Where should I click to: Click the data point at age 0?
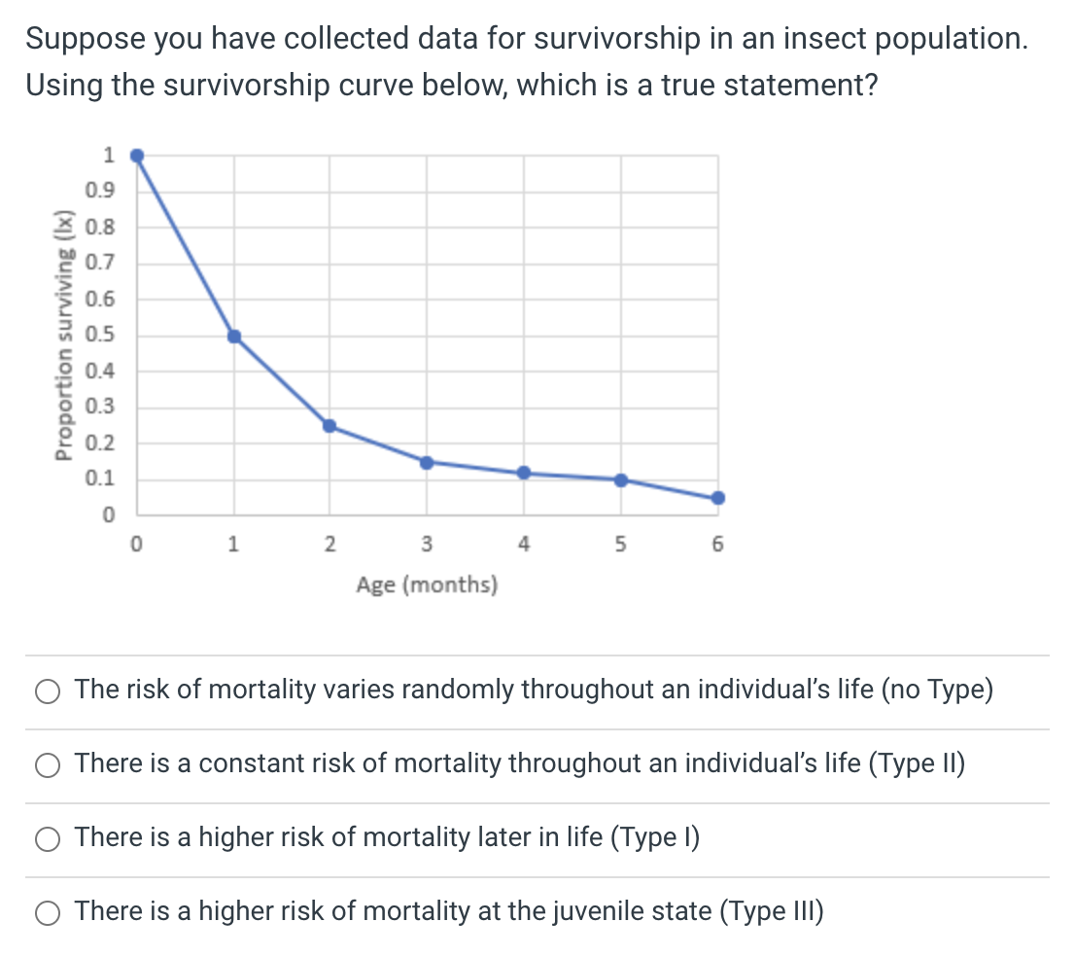click(x=137, y=156)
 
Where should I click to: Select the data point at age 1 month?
click(x=233, y=337)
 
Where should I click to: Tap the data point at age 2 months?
click(x=329, y=426)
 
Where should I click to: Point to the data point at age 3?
click(x=426, y=462)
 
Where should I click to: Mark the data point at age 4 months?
click(x=524, y=473)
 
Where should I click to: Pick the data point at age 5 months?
click(x=621, y=479)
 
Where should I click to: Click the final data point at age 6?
click(x=718, y=498)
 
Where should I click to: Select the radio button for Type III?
click(x=48, y=912)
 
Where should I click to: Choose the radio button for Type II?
click(x=48, y=764)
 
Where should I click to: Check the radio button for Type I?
click(x=48, y=838)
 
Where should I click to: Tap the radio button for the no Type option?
click(x=48, y=691)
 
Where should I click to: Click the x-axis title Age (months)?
click(x=427, y=585)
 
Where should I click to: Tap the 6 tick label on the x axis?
click(x=718, y=546)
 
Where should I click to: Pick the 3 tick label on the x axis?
click(x=427, y=546)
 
